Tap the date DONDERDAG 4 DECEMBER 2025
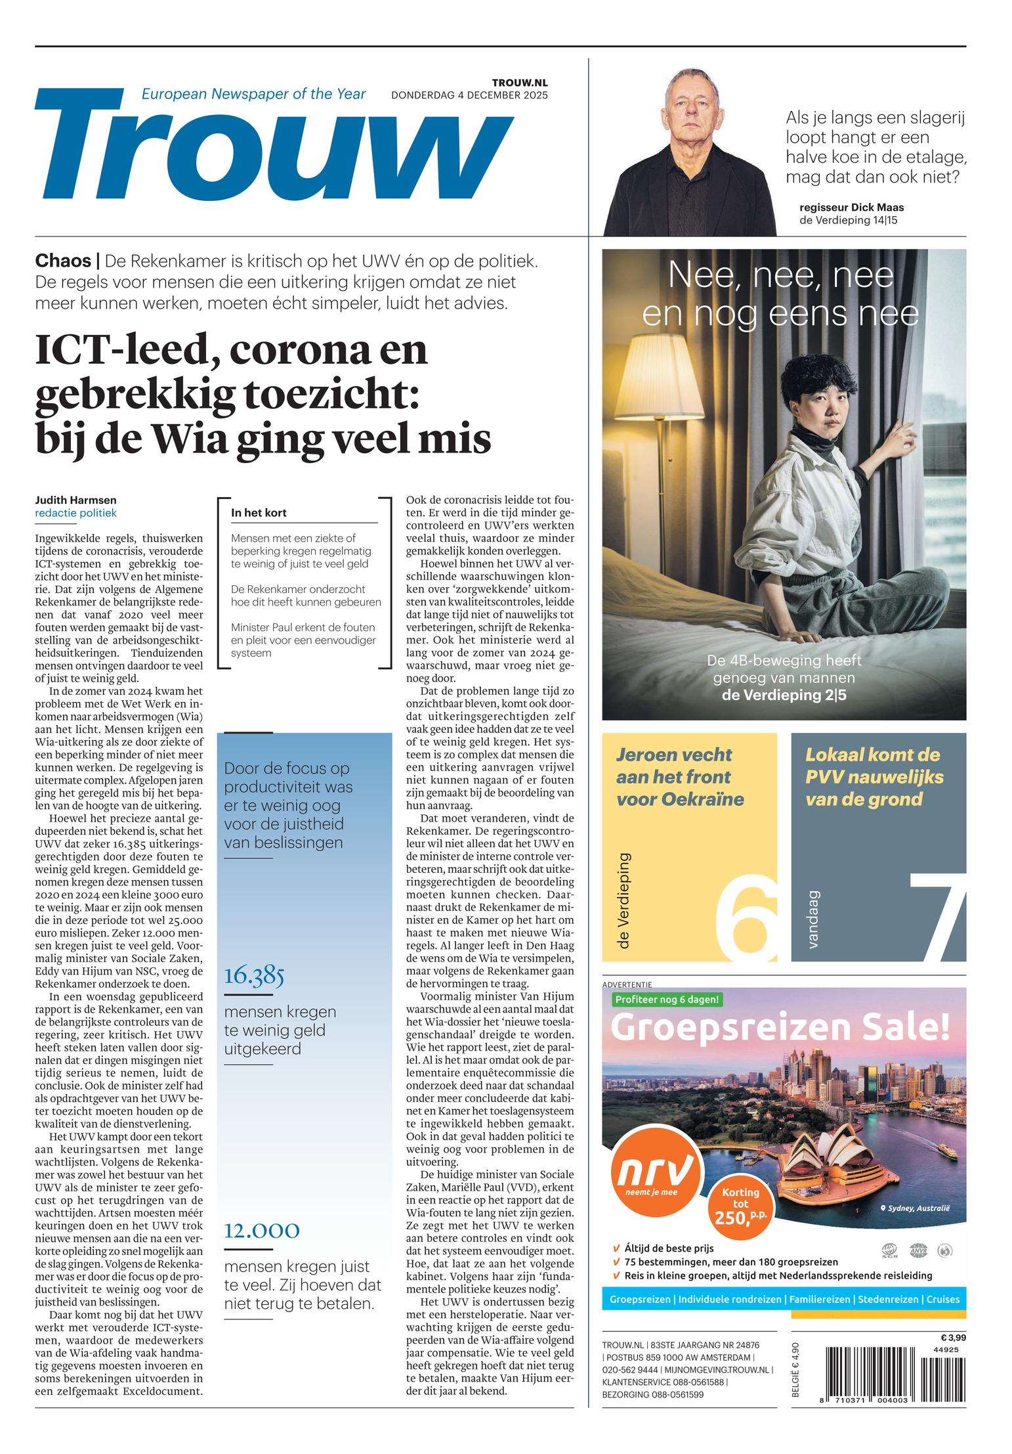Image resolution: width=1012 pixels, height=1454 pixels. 469,95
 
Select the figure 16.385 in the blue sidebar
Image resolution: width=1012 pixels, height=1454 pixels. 254,976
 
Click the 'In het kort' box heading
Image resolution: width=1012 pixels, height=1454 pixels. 259,513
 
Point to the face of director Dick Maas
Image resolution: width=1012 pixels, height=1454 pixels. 688,106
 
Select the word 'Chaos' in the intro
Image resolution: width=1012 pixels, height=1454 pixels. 63,261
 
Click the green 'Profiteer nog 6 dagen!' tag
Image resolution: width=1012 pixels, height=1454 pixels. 667,1000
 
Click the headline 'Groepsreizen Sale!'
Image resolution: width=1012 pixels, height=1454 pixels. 780,1028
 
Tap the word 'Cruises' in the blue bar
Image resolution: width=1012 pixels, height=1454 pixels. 942,1299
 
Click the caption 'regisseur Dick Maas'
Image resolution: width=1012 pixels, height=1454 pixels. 851,208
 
